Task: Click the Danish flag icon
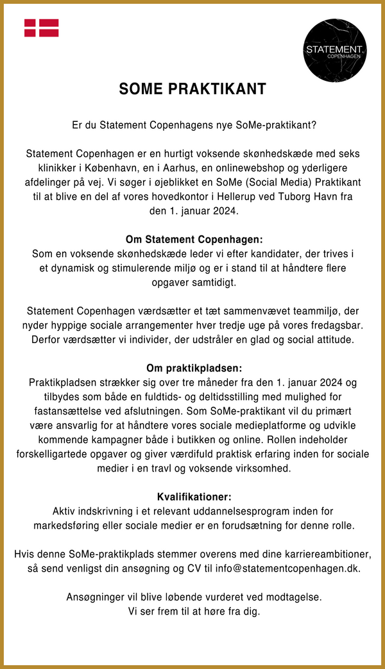(x=42, y=28)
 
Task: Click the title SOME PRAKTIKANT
(x=193, y=89)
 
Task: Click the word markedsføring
(x=65, y=526)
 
